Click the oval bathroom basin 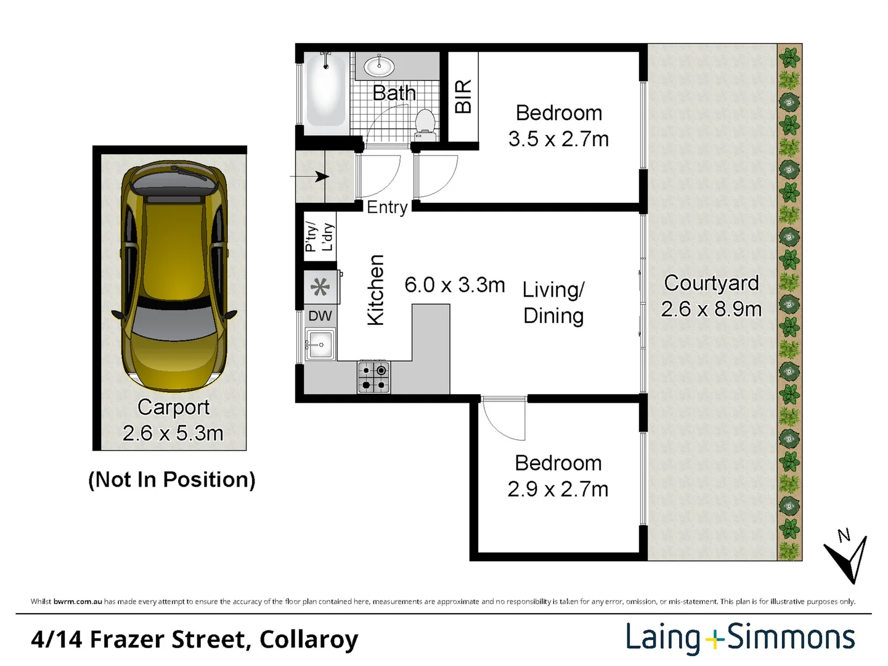pyautogui.click(x=380, y=66)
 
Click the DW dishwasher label pyautogui.click(x=320, y=316)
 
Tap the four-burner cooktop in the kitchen pyautogui.click(x=373, y=377)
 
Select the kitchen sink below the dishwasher pyautogui.click(x=320, y=345)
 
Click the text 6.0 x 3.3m pyautogui.click(x=455, y=285)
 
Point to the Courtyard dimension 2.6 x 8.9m pyautogui.click(x=711, y=310)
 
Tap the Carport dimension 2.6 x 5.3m pyautogui.click(x=173, y=433)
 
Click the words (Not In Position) pyautogui.click(x=172, y=480)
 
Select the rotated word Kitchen pyautogui.click(x=376, y=290)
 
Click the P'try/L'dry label pyautogui.click(x=319, y=236)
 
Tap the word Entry pyautogui.click(x=387, y=208)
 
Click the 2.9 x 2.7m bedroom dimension pyautogui.click(x=558, y=489)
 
